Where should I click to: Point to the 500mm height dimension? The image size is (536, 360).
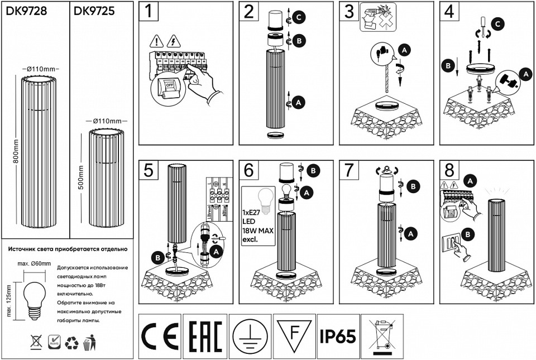click(x=81, y=177)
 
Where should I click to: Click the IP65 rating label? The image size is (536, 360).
click(x=338, y=336)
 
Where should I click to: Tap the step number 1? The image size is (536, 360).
click(x=148, y=11)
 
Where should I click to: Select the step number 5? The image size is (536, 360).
click(x=148, y=170)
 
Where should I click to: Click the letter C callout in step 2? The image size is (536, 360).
click(x=299, y=18)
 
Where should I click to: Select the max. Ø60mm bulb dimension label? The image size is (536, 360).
click(x=34, y=263)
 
